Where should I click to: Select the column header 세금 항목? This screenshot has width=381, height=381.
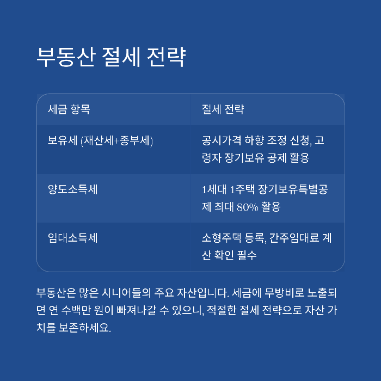(69, 109)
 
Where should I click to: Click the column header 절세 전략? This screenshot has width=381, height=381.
(223, 109)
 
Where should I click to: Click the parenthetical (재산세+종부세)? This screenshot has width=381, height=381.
(116, 141)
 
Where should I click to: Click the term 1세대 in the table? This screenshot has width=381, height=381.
(214, 189)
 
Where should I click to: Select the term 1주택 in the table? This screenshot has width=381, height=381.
(242, 189)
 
